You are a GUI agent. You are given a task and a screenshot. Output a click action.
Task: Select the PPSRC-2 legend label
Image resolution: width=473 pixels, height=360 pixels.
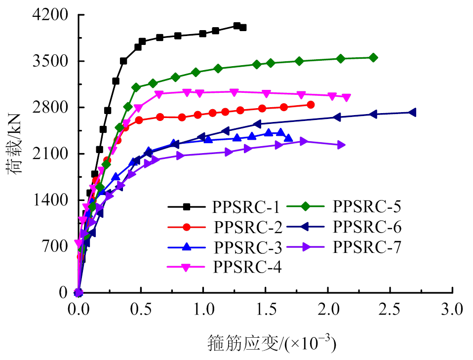click(248, 228)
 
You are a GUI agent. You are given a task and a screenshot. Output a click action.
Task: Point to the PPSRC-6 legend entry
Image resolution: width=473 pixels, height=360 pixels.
click(367, 227)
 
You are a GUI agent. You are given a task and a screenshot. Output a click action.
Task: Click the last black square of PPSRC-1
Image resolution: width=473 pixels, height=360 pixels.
click(243, 28)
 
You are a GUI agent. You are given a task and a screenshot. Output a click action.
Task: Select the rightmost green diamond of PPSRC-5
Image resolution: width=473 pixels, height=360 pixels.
click(373, 58)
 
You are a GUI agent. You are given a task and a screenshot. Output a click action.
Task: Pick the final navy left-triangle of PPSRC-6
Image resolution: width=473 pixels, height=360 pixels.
click(412, 113)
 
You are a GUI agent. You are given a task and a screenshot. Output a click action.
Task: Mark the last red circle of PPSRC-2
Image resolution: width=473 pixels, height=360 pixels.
click(311, 105)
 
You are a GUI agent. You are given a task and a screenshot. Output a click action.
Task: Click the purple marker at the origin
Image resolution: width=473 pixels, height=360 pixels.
click(78, 293)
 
